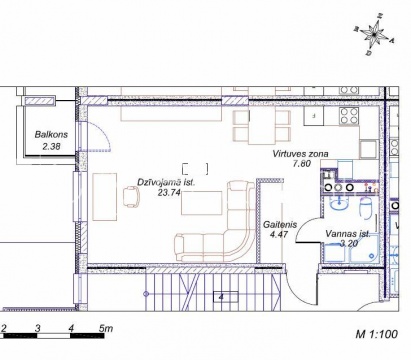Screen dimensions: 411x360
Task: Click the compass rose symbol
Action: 374,34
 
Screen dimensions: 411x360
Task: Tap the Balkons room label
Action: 51,135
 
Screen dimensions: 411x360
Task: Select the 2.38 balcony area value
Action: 51,146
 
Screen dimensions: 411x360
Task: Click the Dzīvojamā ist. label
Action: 166,182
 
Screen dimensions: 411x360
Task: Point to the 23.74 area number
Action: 169,192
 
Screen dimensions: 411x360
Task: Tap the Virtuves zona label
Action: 300,154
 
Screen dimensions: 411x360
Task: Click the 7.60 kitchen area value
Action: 301,163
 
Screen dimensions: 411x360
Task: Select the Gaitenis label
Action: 280,225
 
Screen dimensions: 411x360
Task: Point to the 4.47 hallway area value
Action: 279,234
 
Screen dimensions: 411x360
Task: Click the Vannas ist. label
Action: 348,234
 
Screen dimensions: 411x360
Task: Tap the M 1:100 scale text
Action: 377,334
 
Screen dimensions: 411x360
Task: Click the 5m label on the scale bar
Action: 106,328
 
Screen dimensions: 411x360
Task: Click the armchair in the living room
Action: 132,196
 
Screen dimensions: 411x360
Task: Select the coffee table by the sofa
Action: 202,203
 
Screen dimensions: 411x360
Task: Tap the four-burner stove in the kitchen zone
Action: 349,116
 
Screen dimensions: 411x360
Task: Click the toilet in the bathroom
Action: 366,207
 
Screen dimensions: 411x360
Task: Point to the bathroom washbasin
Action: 339,203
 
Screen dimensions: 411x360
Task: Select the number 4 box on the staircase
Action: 226,297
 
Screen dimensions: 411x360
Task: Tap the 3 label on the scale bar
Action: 37,329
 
